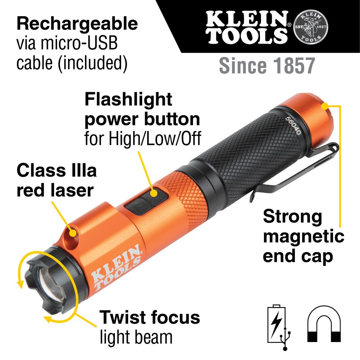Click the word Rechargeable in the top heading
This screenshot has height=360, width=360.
77,24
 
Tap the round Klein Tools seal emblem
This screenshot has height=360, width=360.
311,26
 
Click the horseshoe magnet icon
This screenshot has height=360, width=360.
324,324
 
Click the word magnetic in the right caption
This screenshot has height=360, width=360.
303,237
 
